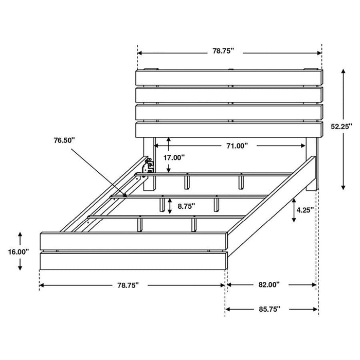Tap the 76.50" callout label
coord(63,140)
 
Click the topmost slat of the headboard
coord(229,77)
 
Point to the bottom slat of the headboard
coord(229,130)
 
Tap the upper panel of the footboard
coord(133,241)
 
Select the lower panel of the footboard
coord(133,261)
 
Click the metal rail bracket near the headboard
coord(150,165)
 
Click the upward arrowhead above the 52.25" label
coord(341,73)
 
